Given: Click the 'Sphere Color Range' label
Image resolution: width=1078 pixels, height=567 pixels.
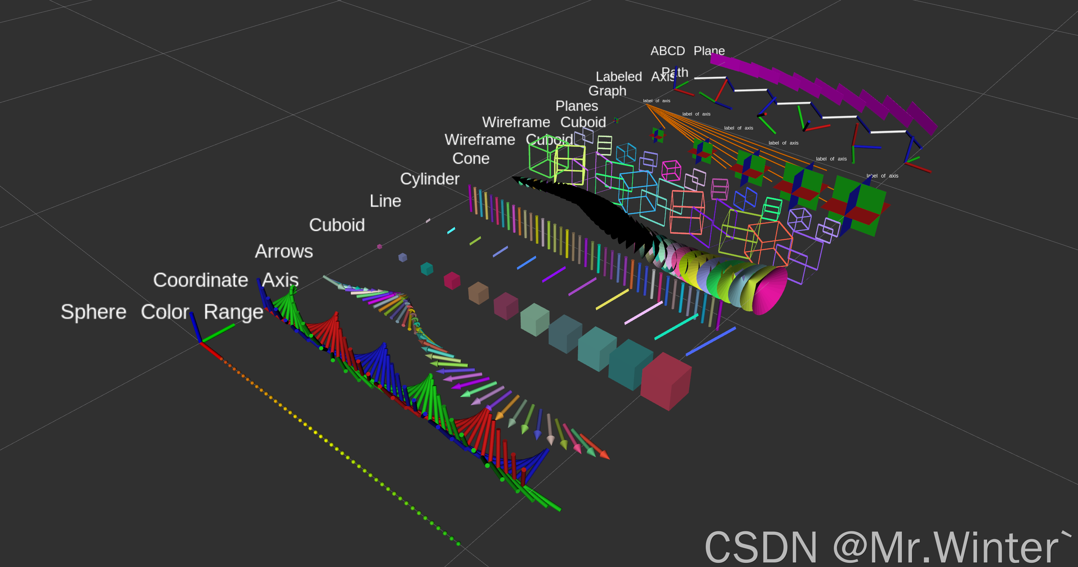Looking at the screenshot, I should (162, 312).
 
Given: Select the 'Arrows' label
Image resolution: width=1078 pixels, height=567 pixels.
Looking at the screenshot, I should (284, 252).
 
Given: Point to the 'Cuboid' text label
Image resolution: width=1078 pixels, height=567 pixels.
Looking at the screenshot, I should (337, 225).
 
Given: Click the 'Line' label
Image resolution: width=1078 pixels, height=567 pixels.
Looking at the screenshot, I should (385, 201).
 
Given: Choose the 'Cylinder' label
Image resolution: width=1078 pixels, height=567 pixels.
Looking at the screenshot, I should (429, 179).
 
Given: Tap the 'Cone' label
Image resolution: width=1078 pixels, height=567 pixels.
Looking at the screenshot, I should (471, 158).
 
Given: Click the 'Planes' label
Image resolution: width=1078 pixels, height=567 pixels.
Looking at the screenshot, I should (576, 106).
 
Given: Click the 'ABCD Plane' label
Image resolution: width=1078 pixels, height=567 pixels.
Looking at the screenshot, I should (687, 51).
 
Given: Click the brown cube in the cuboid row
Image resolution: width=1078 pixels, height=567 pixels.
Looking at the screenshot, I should (478, 293).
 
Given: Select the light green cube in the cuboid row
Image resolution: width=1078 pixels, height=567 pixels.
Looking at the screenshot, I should (534, 319).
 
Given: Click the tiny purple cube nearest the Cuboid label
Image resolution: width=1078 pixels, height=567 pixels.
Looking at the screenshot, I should (380, 246).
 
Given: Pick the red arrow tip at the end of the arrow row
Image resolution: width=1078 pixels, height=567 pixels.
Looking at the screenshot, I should (604, 454).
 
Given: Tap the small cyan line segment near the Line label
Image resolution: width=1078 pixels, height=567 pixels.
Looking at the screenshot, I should (451, 231).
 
